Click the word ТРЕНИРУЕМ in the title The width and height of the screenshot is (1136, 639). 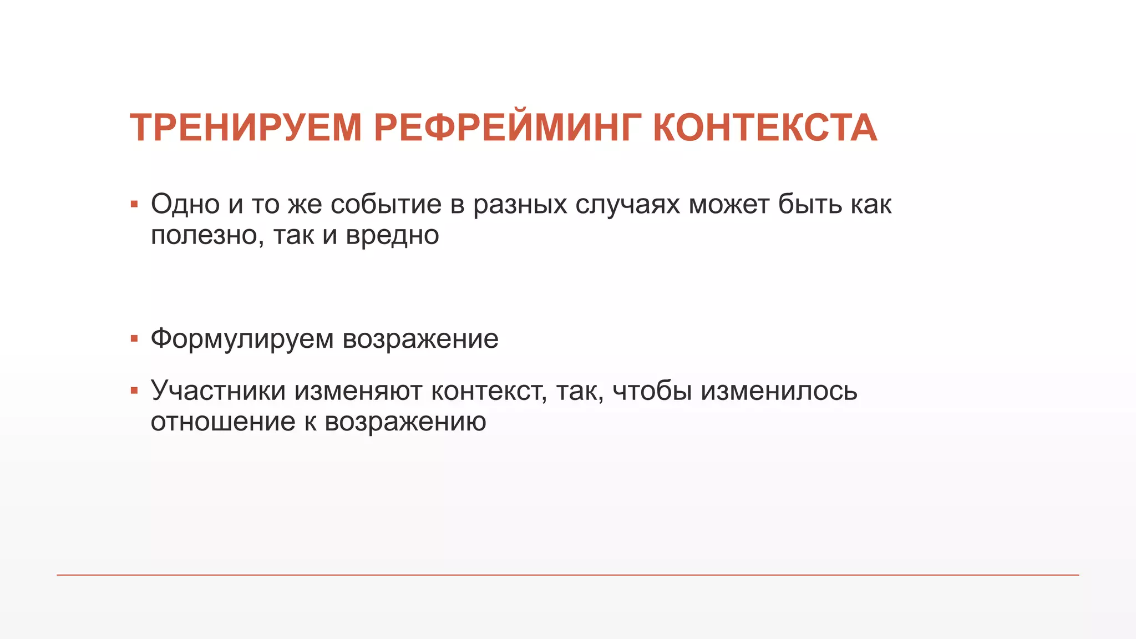pyautogui.click(x=246, y=128)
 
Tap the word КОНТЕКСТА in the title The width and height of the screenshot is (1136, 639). pyautogui.click(x=765, y=128)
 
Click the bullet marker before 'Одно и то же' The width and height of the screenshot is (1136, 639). pyautogui.click(x=134, y=205)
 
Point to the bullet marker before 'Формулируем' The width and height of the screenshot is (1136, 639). pyautogui.click(x=134, y=338)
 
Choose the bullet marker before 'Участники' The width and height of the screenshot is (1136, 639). pyautogui.click(x=134, y=391)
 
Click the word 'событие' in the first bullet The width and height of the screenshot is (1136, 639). pyautogui.click(x=386, y=204)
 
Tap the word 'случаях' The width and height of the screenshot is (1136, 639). pyautogui.click(x=627, y=205)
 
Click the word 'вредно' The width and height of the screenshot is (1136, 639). pyautogui.click(x=392, y=235)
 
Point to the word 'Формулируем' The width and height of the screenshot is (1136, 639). pyautogui.click(x=242, y=339)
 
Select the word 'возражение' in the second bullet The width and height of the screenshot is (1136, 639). pyautogui.click(x=420, y=339)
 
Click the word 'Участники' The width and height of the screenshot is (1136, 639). pyautogui.click(x=218, y=391)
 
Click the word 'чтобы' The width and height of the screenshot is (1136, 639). pyautogui.click(x=652, y=391)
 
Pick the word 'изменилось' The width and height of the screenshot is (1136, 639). pyautogui.click(x=779, y=391)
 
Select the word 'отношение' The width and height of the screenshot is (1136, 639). pyautogui.click(x=223, y=422)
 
